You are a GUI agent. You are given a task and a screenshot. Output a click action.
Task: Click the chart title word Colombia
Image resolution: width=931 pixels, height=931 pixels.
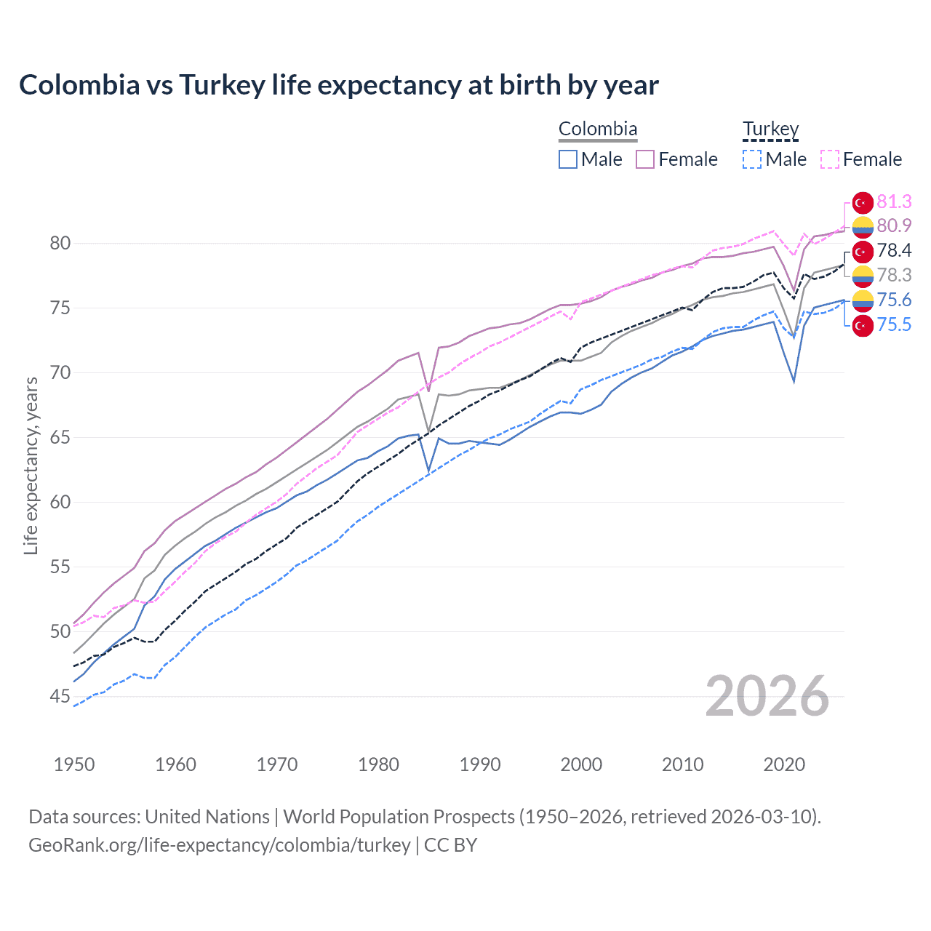click(x=79, y=85)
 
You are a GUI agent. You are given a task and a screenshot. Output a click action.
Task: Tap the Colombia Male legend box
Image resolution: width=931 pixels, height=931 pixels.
click(x=568, y=159)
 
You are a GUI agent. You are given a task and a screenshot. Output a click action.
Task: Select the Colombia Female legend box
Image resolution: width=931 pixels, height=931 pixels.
click(x=645, y=159)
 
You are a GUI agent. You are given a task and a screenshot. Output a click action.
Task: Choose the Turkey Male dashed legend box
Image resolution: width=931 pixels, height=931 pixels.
click(x=752, y=159)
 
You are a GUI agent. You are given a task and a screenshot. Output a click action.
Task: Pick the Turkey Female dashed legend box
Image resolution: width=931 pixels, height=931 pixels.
click(x=830, y=159)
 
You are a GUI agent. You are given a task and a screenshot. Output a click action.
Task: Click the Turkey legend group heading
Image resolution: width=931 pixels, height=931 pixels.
click(x=770, y=129)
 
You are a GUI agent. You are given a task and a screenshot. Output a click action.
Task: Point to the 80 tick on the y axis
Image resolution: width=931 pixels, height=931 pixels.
click(x=60, y=243)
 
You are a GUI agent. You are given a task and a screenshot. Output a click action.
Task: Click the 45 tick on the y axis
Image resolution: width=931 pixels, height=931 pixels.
click(x=60, y=697)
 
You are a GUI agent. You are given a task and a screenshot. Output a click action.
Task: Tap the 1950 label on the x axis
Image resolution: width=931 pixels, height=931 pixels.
click(x=74, y=764)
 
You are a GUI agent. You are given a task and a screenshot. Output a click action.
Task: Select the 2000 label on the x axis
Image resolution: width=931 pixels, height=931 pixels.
click(x=581, y=764)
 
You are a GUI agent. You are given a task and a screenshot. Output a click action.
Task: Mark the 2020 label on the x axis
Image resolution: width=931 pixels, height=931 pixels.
click(x=784, y=764)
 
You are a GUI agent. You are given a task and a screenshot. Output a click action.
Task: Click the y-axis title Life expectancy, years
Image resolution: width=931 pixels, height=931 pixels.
click(x=31, y=465)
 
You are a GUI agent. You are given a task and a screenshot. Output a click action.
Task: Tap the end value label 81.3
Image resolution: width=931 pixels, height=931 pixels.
click(x=894, y=201)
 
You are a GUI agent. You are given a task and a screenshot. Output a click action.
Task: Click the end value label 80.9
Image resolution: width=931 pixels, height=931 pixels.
click(x=894, y=225)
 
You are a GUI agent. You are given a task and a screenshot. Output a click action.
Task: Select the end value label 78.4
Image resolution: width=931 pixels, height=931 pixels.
click(x=894, y=251)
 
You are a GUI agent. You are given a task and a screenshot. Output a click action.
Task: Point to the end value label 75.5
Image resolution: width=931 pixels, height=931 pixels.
click(x=894, y=324)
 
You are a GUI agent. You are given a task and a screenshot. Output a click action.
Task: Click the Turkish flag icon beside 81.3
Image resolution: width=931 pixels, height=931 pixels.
click(x=863, y=203)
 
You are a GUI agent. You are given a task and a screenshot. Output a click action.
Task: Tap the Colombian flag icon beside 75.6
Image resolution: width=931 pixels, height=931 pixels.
click(x=863, y=300)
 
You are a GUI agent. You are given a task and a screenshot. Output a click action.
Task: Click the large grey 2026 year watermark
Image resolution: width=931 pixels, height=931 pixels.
click(x=767, y=696)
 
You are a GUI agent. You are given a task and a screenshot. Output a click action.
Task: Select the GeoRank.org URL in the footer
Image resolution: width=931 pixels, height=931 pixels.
click(x=220, y=845)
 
